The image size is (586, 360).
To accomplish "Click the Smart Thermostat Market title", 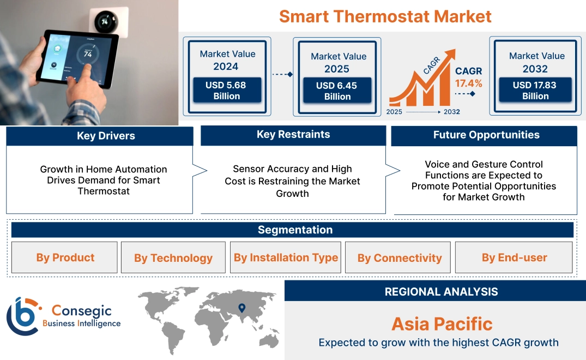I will [x=385, y=16].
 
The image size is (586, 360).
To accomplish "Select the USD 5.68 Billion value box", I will [x=226, y=91].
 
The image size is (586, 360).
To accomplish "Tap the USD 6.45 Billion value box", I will [x=337, y=91].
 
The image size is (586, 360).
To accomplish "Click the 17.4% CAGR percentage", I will [x=468, y=83].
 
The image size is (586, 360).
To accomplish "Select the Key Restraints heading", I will [x=293, y=135].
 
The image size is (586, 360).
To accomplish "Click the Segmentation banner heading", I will [x=295, y=230].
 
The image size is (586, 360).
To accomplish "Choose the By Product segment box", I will [x=65, y=257].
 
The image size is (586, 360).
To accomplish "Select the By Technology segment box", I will [x=173, y=258].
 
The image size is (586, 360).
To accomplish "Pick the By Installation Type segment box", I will [x=286, y=257].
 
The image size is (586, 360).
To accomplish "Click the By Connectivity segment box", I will [x=400, y=258].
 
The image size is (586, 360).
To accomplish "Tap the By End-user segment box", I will [x=514, y=257].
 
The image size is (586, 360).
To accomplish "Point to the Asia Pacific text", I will [x=442, y=324].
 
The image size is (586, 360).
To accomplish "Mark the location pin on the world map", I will [x=242, y=309].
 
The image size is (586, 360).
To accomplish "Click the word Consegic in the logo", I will [x=81, y=311].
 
